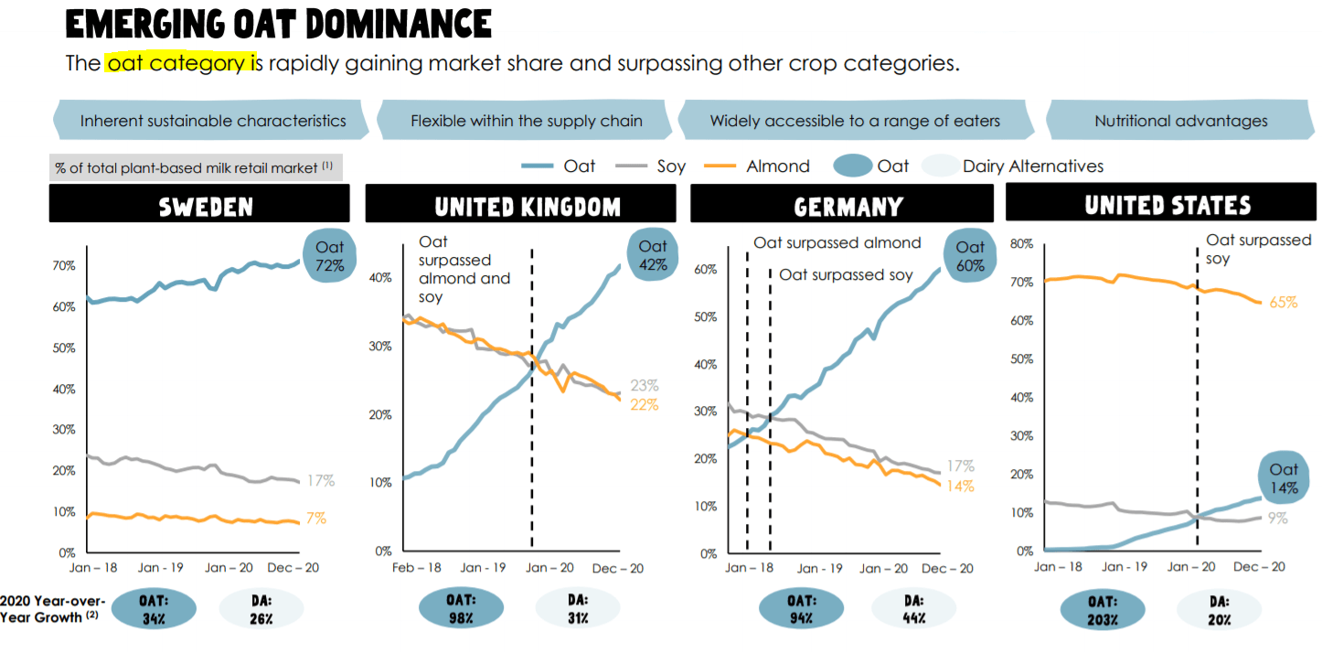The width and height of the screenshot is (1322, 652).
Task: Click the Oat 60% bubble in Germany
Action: tap(969, 256)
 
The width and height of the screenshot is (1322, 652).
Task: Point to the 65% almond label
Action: tap(1283, 302)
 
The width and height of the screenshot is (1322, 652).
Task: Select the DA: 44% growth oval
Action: tap(912, 609)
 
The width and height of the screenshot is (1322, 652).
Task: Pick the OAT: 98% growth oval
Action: tap(461, 609)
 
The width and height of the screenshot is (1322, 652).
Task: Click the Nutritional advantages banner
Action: tap(1180, 121)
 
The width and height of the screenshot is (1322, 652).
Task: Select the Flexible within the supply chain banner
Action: tap(526, 121)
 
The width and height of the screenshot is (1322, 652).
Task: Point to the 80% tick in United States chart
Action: tap(1021, 244)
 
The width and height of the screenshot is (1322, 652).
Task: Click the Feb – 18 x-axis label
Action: tap(416, 568)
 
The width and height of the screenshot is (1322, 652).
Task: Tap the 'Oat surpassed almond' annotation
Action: tap(837, 243)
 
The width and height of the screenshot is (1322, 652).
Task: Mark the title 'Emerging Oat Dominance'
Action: tap(278, 24)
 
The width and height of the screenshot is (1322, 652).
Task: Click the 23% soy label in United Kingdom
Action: tap(644, 386)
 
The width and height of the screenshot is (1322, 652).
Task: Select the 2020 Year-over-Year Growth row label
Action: tap(53, 608)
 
